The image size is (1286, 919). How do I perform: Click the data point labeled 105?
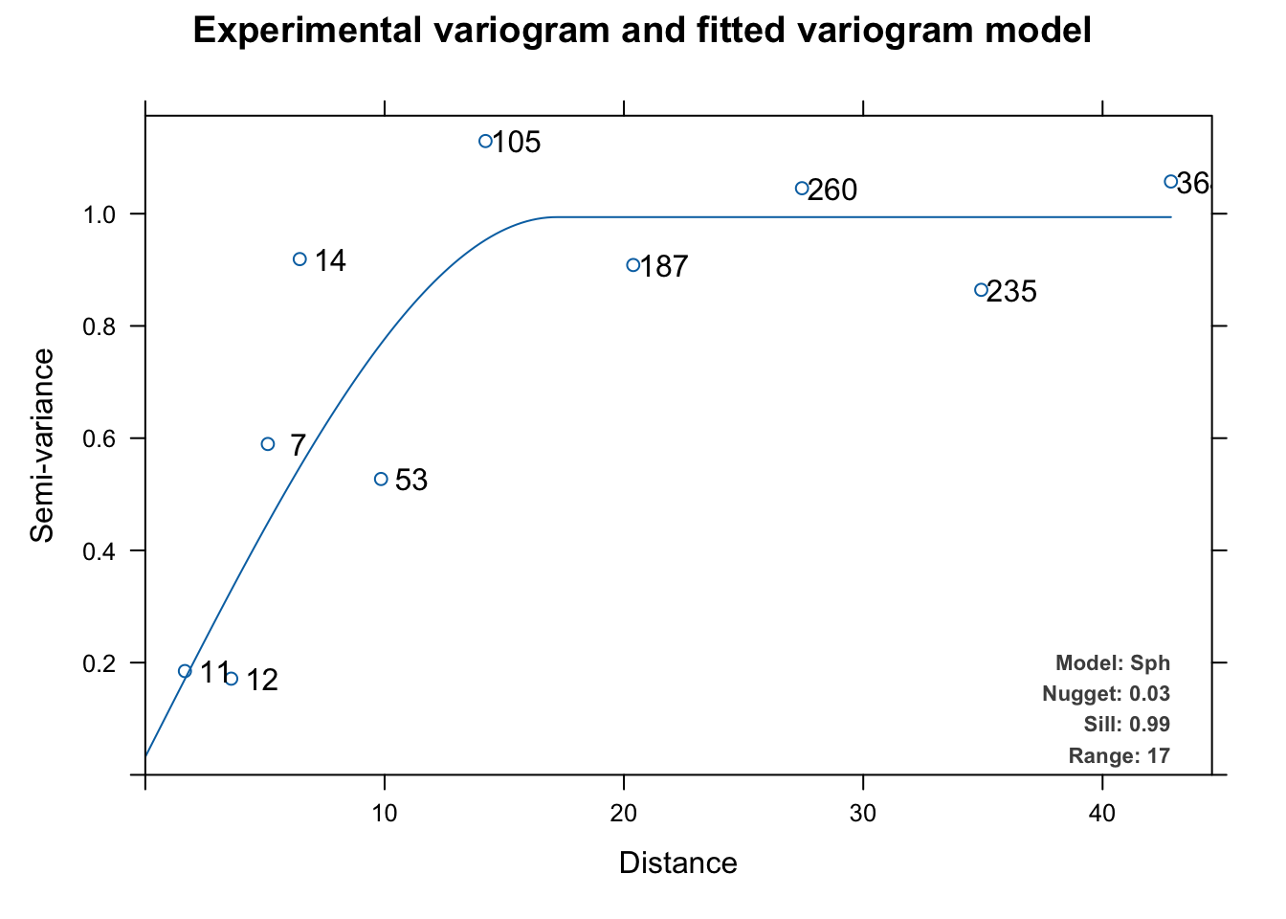(x=485, y=141)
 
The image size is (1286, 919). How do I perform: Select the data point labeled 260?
(x=802, y=188)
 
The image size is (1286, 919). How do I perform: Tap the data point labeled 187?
(x=632, y=265)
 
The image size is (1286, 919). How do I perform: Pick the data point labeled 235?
(x=981, y=290)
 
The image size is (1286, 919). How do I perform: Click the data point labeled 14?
(x=299, y=259)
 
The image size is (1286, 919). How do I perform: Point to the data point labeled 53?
(x=381, y=479)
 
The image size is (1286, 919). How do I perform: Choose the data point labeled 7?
(x=268, y=444)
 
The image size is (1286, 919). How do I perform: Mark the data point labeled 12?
(x=232, y=679)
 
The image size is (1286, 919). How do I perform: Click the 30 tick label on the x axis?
(x=863, y=814)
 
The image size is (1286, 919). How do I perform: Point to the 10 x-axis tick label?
(x=385, y=814)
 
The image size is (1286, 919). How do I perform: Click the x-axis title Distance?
(x=677, y=863)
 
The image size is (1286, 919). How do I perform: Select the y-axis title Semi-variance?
(x=42, y=445)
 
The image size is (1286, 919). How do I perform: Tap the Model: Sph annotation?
(x=1112, y=663)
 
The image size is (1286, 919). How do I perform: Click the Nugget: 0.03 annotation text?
(x=1105, y=694)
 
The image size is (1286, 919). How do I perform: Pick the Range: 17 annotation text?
(x=1119, y=756)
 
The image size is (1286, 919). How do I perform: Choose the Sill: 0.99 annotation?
(x=1126, y=725)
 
